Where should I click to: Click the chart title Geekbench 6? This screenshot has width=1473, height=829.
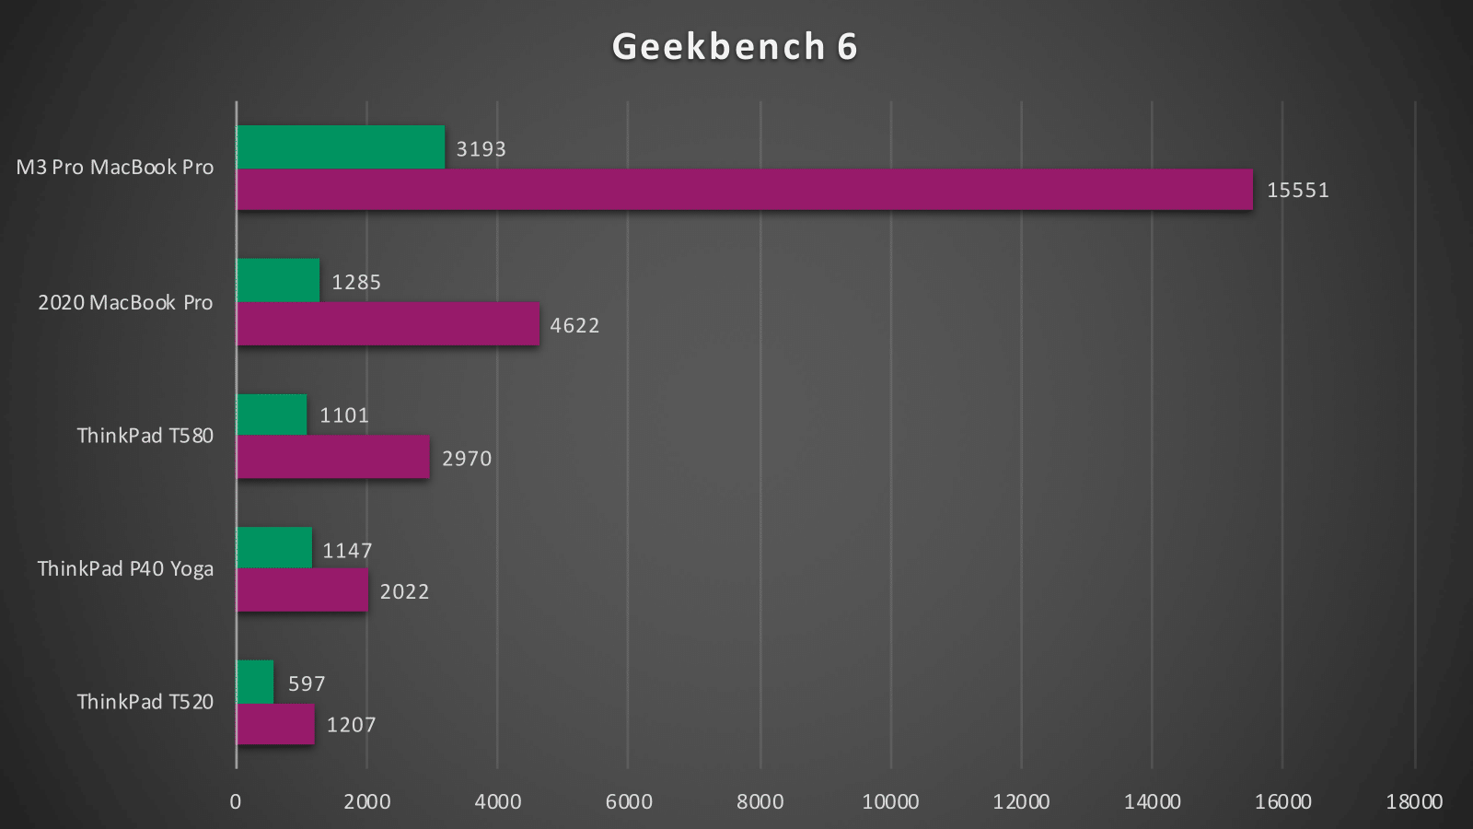735,47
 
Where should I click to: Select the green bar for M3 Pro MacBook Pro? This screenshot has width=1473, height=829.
341,147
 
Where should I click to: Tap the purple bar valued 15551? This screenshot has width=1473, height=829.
744,190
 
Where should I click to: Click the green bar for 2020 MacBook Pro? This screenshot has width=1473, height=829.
278,280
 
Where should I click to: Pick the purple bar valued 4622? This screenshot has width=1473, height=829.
388,324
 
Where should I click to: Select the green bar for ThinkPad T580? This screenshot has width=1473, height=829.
272,414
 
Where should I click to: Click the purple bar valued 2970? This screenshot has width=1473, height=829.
333,457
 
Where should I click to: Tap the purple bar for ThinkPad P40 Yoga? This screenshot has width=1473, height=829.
302,590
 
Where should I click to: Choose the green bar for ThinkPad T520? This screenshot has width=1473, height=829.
255,682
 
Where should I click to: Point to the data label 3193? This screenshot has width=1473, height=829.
481,149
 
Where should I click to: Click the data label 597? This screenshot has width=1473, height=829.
307,683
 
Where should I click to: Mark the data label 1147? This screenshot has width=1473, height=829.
347,551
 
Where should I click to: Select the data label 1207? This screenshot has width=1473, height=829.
351,725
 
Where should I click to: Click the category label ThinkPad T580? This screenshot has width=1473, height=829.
145,436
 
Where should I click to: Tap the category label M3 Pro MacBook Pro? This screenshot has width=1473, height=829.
115,168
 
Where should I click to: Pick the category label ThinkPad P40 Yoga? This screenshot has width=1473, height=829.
125,569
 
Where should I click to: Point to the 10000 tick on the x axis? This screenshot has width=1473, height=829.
890,801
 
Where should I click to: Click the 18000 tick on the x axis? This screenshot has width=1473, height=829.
1414,801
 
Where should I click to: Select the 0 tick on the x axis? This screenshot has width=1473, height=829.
236,801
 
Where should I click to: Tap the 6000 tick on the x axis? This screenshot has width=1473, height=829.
629,801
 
